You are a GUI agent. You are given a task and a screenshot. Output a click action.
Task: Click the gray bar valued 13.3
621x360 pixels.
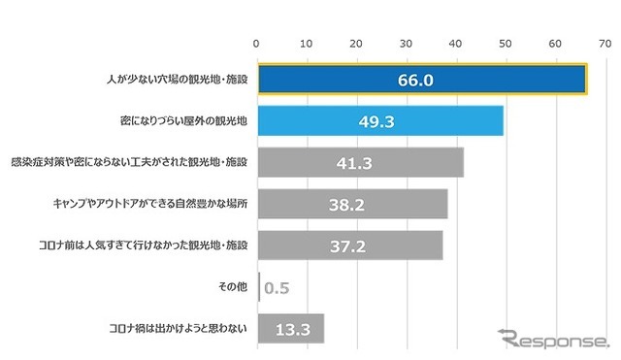tap(291, 329)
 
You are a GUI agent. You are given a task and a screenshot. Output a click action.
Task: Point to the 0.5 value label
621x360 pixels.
tap(277, 288)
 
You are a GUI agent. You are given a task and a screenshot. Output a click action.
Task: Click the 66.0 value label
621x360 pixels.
tap(421, 79)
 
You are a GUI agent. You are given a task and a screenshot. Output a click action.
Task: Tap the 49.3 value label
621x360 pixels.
tap(379, 120)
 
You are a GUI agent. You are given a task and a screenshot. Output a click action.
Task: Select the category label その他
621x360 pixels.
tap(232, 287)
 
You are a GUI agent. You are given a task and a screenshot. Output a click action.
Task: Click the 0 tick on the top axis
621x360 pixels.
tap(256, 44)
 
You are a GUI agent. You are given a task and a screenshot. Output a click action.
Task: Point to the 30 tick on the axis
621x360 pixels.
tap(406, 44)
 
